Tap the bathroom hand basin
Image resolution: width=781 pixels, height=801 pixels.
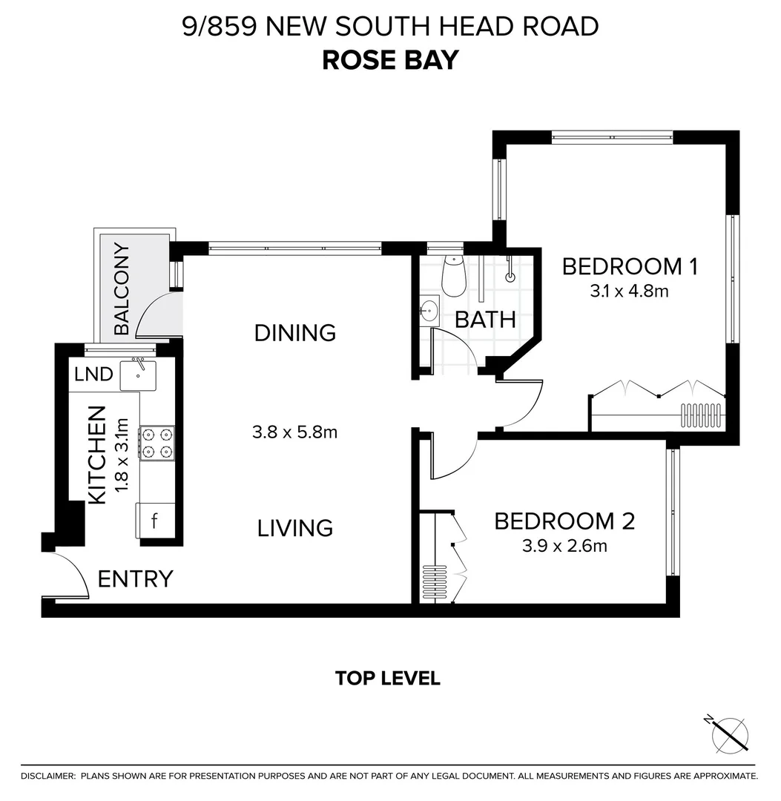point(429,311)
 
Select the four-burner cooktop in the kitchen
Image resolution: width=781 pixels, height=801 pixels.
point(156,443)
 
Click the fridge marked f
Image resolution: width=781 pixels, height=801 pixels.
point(154,521)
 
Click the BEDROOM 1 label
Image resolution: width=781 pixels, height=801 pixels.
point(629,266)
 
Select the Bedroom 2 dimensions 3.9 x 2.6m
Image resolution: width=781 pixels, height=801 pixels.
point(564,547)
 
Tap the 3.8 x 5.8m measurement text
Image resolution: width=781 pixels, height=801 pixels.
point(294,431)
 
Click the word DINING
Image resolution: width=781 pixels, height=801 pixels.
point(294,333)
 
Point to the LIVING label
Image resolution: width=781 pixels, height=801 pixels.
point(294,528)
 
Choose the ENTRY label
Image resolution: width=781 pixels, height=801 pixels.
point(135,578)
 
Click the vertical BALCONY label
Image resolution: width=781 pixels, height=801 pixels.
point(122,289)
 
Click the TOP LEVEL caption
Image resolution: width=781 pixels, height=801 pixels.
point(387,678)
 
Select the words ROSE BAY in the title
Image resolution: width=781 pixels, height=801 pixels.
point(390,60)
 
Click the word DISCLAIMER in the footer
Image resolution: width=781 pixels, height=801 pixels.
point(47,776)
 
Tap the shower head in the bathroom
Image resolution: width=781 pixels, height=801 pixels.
point(510,276)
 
